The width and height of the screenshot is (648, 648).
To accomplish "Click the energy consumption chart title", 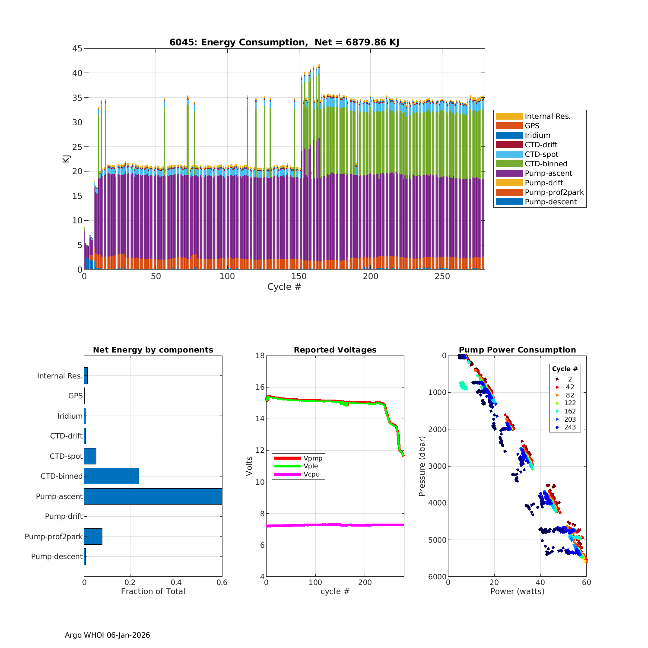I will tap(284, 42).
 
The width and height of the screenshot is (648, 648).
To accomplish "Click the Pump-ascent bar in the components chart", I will tap(153, 496).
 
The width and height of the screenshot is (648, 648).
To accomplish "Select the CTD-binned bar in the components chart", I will tap(111, 476).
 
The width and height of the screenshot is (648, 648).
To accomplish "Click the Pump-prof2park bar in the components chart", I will tap(93, 537).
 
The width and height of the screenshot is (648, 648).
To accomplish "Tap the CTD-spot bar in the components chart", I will tap(90, 456).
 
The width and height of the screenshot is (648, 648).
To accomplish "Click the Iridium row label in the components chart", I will tap(70, 416).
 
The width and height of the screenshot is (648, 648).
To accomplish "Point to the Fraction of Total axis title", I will tap(153, 591).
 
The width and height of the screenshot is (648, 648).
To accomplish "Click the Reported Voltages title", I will tap(335, 350).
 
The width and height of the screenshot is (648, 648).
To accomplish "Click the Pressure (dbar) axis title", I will tap(422, 466).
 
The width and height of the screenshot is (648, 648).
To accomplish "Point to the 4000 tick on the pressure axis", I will tap(438, 503).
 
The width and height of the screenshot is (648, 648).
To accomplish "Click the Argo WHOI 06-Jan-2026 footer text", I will tap(107, 635).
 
